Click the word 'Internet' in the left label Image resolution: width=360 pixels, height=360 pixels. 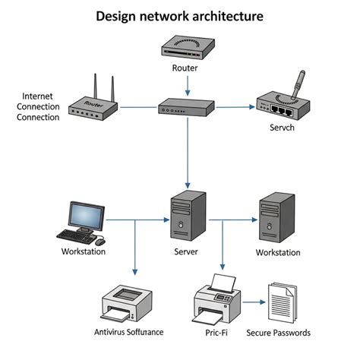[39, 96]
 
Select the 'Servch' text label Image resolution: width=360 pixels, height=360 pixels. [282, 129]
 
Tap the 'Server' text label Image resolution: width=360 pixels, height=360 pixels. [187, 251]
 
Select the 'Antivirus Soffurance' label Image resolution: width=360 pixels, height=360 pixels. [129, 333]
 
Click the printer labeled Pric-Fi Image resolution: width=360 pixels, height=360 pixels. [219, 301]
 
